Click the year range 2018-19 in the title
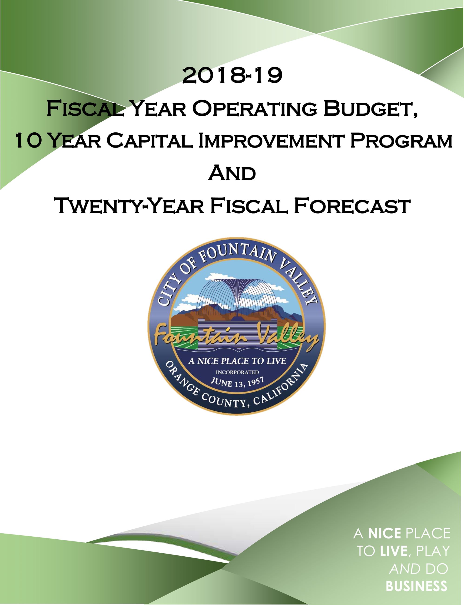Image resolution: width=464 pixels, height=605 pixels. [x=232, y=75]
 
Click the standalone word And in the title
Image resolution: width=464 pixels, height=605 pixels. [x=232, y=174]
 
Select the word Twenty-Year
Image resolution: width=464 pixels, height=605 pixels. [x=130, y=206]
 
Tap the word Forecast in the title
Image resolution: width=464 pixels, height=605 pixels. [x=352, y=206]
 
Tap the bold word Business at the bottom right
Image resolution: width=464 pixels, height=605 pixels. [x=417, y=586]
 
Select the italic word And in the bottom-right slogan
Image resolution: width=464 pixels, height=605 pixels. [x=405, y=569]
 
